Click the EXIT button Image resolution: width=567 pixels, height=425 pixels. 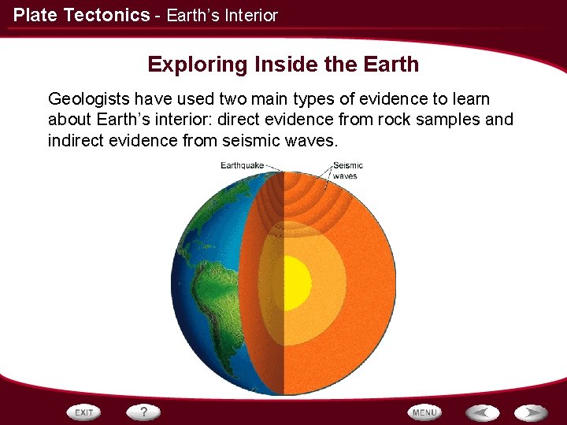click(x=84, y=412)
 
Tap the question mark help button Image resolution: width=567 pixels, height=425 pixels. click(x=144, y=412)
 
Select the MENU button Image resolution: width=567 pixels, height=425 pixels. click(x=424, y=412)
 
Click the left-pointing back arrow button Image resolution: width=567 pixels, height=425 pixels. click(x=482, y=412)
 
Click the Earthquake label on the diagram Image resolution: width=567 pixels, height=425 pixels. click(x=243, y=165)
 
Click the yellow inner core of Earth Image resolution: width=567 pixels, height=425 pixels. click(x=295, y=283)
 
